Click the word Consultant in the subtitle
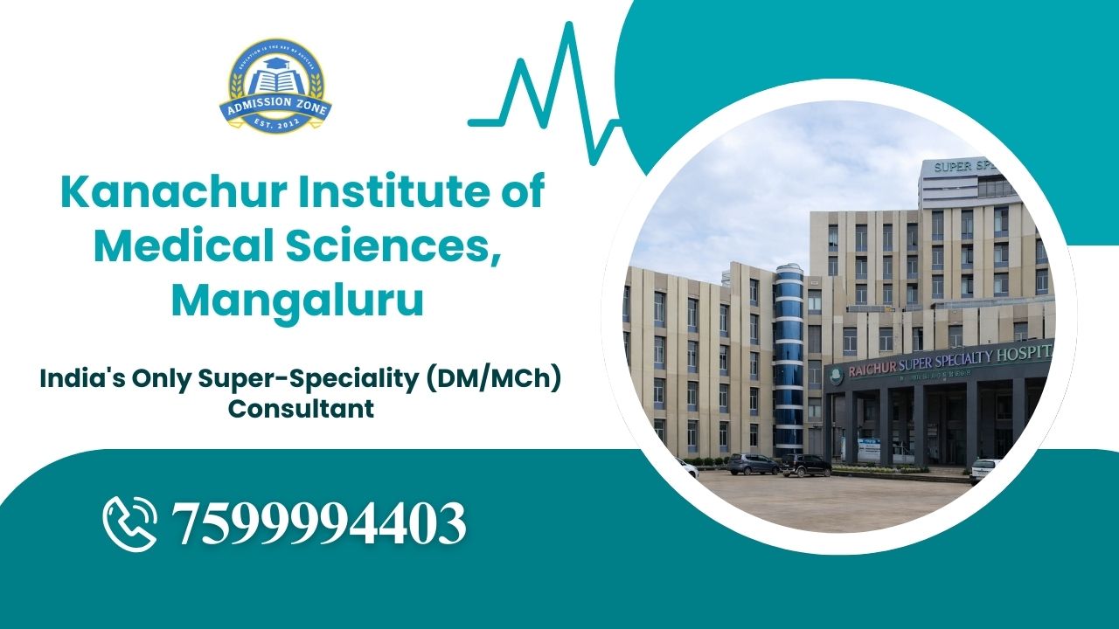tap(302, 408)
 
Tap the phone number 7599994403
tap(319, 523)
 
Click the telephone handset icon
tap(130, 523)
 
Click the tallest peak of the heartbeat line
tap(569, 28)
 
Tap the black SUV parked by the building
tap(806, 466)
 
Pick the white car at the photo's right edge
tap(986, 470)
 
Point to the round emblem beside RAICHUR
tap(837, 373)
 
